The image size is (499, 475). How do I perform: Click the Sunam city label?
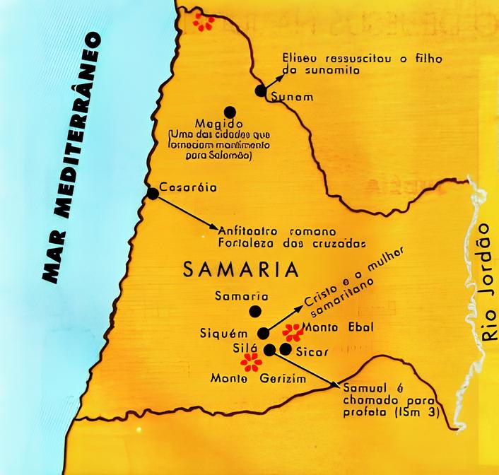point(292,97)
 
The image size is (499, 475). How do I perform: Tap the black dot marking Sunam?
point(261,90)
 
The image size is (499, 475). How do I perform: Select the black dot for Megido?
point(229,111)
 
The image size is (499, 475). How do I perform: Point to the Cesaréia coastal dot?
point(152,193)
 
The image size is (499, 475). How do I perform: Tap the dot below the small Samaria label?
point(254,311)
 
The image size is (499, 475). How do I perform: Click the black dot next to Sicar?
point(285,348)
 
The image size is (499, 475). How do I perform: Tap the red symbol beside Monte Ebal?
point(292,332)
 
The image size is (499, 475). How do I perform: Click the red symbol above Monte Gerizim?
point(250,363)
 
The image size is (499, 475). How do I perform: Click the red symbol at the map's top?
point(204,22)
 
